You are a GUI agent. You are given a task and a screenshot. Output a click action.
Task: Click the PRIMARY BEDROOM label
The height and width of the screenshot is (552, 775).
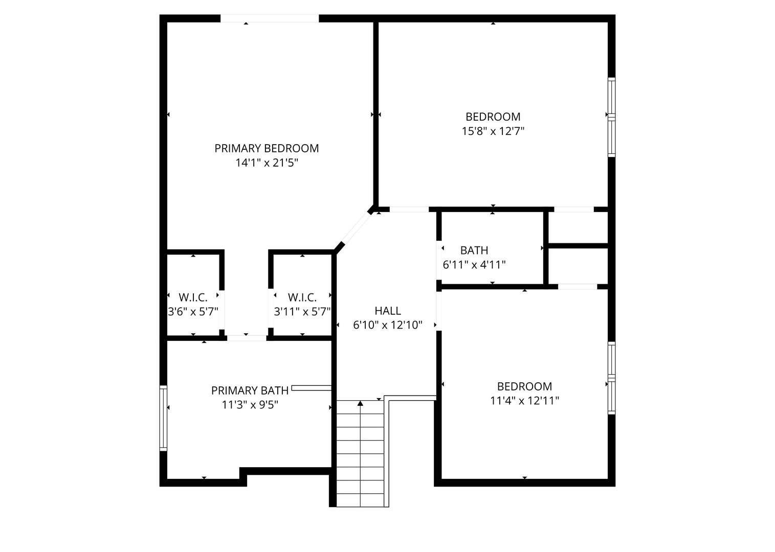(x=267, y=148)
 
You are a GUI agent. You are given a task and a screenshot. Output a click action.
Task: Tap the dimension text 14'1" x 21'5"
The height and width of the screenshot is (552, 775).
(x=267, y=163)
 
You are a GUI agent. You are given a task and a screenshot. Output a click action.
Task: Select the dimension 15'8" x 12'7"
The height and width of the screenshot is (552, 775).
(x=493, y=131)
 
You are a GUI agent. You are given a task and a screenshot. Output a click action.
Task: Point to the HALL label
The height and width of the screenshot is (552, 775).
(x=388, y=311)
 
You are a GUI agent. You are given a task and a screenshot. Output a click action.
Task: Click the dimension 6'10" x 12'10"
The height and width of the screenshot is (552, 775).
(x=388, y=325)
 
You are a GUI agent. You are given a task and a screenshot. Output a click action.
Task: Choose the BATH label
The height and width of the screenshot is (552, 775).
(x=474, y=250)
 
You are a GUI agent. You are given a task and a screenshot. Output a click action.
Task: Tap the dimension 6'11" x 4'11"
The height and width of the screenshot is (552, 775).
(x=474, y=265)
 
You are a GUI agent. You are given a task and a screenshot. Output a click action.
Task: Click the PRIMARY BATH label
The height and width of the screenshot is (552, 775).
(x=250, y=390)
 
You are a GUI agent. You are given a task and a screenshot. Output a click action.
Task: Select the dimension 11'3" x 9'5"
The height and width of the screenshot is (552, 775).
(x=250, y=404)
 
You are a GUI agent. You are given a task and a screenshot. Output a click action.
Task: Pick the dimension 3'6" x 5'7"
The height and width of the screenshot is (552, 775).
(x=193, y=312)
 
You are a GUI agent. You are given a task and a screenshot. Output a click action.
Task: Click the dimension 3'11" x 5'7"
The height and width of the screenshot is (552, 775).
(x=302, y=312)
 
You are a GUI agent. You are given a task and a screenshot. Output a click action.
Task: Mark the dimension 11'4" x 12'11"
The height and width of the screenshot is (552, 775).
(x=524, y=401)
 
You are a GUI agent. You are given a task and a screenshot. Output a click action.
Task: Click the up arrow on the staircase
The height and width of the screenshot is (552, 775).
(x=360, y=403)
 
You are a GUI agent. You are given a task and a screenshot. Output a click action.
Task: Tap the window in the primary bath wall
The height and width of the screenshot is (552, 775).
(x=163, y=418)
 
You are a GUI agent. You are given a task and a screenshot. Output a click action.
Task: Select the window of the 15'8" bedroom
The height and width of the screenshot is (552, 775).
(x=612, y=117)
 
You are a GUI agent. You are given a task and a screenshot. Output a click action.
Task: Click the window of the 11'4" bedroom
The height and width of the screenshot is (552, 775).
(x=612, y=378)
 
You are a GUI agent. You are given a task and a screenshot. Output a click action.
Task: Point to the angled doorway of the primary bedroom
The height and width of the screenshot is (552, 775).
(x=356, y=228)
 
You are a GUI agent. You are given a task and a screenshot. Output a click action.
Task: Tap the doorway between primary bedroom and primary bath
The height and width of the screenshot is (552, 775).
(x=247, y=338)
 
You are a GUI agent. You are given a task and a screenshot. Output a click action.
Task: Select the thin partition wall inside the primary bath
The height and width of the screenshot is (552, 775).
(x=312, y=388)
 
